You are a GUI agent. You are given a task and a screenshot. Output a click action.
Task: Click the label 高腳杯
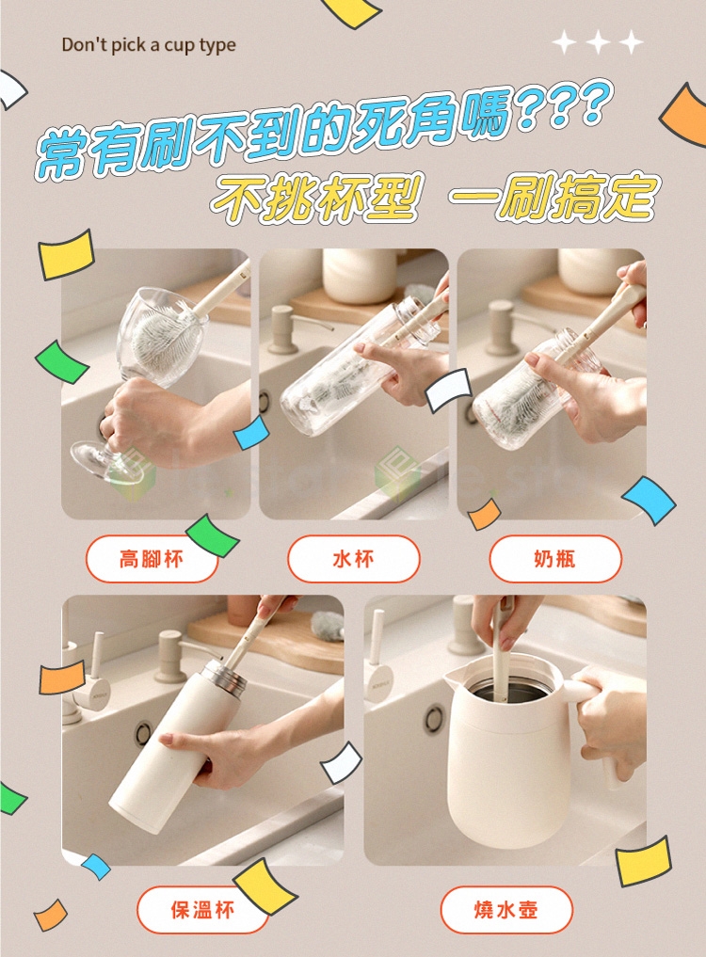[x=152, y=558]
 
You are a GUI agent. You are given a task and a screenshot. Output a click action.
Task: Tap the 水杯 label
[x=354, y=558]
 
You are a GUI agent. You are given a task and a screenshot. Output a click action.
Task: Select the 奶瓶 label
[x=555, y=558]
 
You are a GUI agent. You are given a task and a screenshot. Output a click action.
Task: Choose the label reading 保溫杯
[x=202, y=910]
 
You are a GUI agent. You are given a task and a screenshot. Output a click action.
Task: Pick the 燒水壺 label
[x=506, y=910]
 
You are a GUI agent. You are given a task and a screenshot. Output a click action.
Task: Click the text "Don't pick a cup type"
[x=149, y=45]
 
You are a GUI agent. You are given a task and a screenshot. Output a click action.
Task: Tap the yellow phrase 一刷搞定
[x=554, y=197]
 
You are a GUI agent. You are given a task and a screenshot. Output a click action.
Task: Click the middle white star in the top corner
[x=598, y=42]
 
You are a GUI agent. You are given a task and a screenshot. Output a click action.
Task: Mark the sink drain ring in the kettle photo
[x=434, y=718]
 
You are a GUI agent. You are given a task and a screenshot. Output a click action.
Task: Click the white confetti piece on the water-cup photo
[x=449, y=390]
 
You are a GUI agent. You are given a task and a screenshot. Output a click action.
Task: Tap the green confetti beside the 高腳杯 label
[x=212, y=535]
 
